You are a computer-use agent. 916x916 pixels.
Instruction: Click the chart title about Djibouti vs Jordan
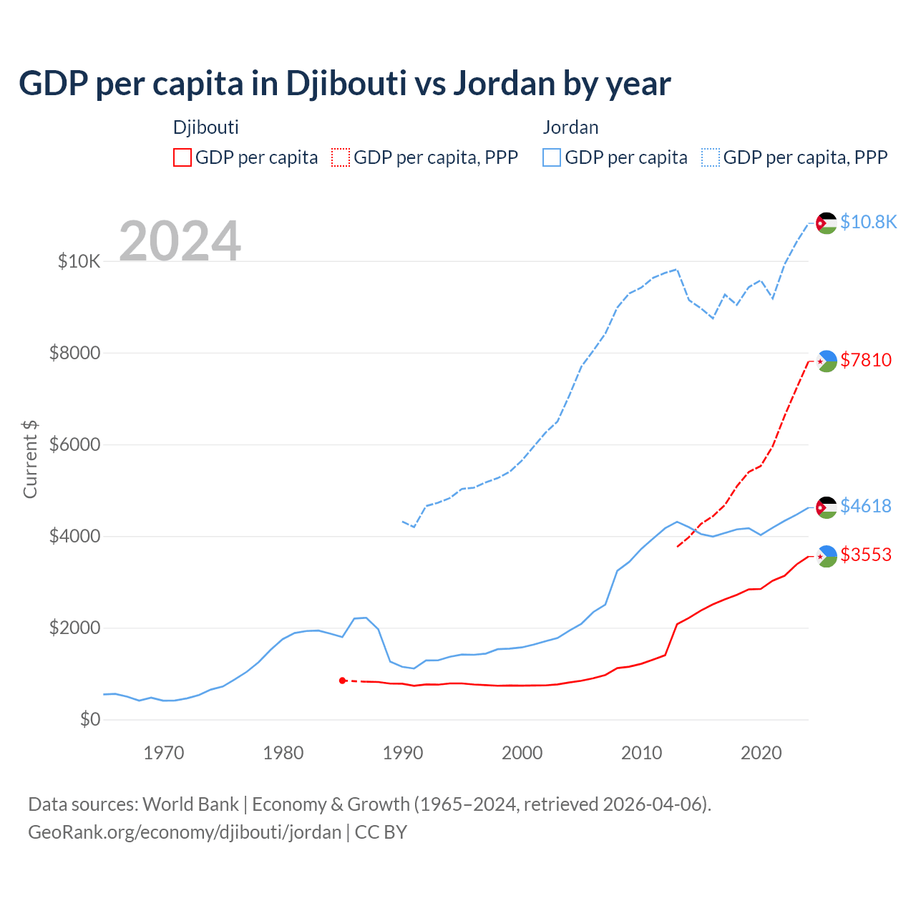tap(344, 84)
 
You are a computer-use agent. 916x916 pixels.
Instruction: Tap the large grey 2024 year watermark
tap(180, 241)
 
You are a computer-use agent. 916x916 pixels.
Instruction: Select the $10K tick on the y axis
tap(79, 261)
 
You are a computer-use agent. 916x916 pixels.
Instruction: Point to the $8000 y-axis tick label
tap(74, 353)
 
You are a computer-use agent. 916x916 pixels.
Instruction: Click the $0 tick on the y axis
tap(89, 719)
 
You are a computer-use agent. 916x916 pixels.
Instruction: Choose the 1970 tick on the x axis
tap(164, 753)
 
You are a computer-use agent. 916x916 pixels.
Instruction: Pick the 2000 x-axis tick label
tap(522, 753)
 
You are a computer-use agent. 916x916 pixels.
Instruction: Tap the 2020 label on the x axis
tap(761, 753)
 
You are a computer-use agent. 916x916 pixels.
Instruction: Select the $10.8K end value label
tap(868, 222)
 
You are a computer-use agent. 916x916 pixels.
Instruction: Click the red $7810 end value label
tap(866, 360)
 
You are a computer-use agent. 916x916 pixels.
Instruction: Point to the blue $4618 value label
tap(866, 506)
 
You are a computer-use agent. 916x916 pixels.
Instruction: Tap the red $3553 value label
tap(866, 555)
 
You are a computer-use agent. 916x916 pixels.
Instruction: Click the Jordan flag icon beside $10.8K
tap(827, 223)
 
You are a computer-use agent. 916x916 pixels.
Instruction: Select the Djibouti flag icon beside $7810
tap(827, 361)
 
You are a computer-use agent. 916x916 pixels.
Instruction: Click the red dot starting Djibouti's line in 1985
tap(342, 681)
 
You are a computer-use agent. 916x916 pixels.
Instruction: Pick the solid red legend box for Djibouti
tap(182, 157)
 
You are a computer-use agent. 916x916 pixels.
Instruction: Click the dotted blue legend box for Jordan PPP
tap(711, 157)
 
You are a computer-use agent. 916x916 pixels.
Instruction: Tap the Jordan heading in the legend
tap(570, 127)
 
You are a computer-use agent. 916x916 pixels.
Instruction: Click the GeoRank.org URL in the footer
tap(185, 832)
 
